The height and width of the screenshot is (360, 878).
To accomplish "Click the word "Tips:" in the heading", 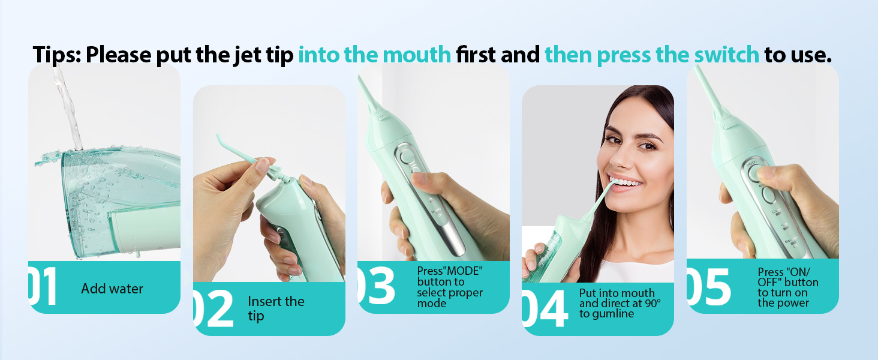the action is pos(57,55).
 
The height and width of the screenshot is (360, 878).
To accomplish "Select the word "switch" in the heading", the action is pos(726,54).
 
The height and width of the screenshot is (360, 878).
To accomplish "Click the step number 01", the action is pos(43,286).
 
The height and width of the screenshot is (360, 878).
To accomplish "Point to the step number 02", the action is pos(214,308).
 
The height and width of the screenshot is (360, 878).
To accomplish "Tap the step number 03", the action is pos(377,286).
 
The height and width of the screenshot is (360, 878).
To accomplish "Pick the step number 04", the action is pos(545,308).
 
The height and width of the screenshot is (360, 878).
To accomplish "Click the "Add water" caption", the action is pos(112,289).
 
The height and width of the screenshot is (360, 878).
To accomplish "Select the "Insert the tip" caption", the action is pos(276,308).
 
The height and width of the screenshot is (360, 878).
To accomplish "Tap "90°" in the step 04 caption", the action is pos(653,303).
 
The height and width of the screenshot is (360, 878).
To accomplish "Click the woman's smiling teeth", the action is pos(626,182).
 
